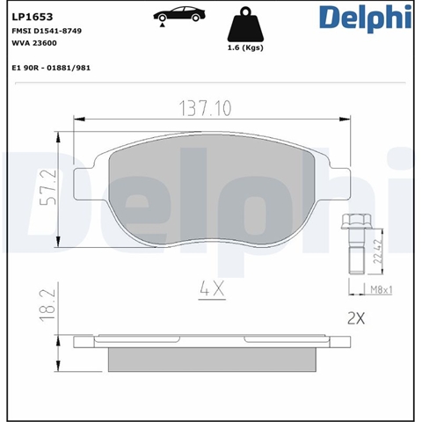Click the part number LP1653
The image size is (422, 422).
click(x=33, y=17)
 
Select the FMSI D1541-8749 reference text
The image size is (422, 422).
click(x=47, y=31)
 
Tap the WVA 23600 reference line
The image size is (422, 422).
click(x=34, y=43)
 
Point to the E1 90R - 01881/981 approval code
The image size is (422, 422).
click(x=51, y=68)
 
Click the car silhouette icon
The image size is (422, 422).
click(x=179, y=14)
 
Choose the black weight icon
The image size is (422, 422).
click(x=245, y=25)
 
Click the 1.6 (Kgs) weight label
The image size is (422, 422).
click(x=245, y=47)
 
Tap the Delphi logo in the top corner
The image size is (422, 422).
click(x=366, y=18)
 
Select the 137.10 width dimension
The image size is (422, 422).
click(x=205, y=108)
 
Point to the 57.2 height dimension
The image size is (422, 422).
click(x=48, y=186)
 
